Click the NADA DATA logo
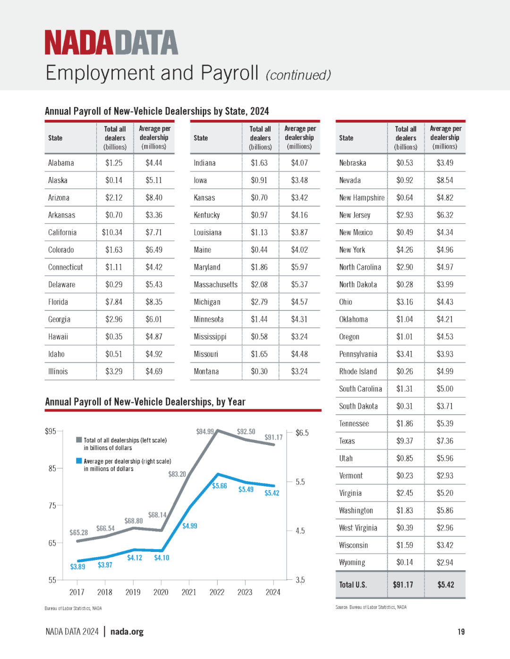click(111, 42)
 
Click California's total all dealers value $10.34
click(112, 232)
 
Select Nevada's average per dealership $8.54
click(445, 180)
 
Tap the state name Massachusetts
click(215, 284)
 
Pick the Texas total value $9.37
click(405, 441)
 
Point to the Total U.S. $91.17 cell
click(403, 584)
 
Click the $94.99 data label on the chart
click(205, 431)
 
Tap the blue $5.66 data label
click(220, 486)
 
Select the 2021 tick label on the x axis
click(189, 592)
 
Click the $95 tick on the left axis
click(51, 431)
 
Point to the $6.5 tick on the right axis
click(302, 433)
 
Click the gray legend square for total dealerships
click(79, 440)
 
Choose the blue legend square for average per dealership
click(79, 461)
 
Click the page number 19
click(461, 632)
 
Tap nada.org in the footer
click(127, 632)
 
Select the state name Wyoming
click(352, 563)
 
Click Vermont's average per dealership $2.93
click(445, 475)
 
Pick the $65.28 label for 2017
click(78, 533)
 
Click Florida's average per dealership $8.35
click(154, 302)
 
